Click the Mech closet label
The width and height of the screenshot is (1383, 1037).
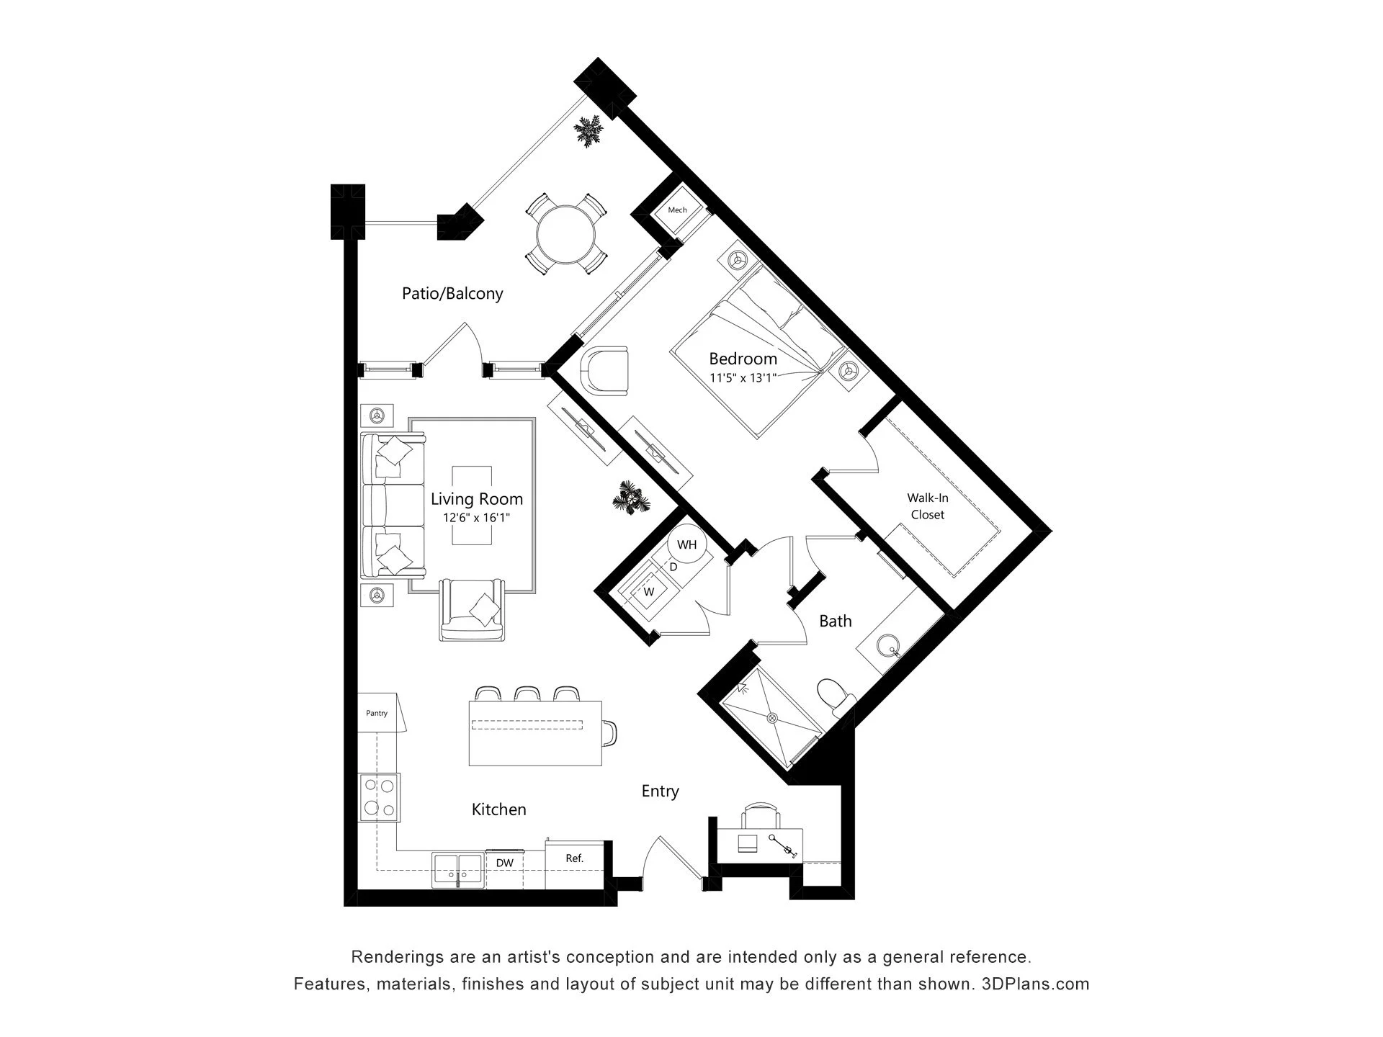tap(677, 210)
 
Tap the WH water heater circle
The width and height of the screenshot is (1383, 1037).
tap(687, 544)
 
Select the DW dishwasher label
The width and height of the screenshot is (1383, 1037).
tap(504, 863)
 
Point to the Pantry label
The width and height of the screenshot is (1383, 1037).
tap(377, 714)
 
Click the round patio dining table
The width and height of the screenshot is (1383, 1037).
tap(566, 235)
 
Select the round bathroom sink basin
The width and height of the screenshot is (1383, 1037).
tap(890, 646)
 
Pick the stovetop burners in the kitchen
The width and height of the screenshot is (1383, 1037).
tap(379, 797)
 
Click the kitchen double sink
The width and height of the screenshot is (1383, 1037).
tap(458, 871)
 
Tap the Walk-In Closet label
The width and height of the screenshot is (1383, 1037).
tap(928, 506)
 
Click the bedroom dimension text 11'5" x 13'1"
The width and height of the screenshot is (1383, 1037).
tap(743, 377)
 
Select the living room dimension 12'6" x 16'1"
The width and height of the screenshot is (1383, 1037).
tap(476, 518)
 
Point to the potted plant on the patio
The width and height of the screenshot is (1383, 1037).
tap(589, 131)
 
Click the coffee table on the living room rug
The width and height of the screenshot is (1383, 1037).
tap(472, 506)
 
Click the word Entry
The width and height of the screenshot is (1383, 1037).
tap(661, 791)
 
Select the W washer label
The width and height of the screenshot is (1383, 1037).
tap(649, 592)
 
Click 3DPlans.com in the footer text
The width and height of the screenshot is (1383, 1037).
tap(1036, 984)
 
